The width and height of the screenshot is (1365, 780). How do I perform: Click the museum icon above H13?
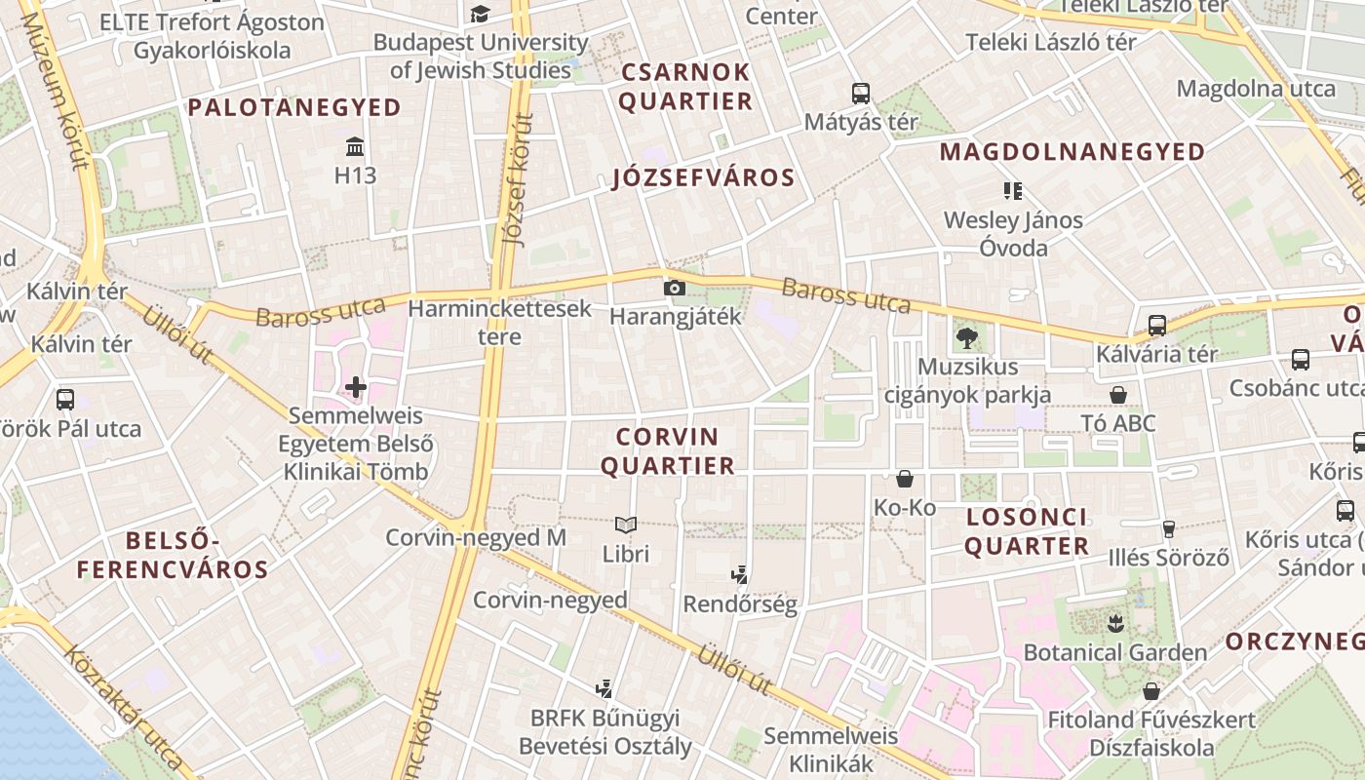click(x=356, y=148)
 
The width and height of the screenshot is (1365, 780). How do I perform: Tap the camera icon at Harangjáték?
click(x=674, y=288)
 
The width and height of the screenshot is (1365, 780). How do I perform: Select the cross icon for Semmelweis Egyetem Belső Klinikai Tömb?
click(x=356, y=387)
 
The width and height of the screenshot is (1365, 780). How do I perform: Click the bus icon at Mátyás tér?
click(x=860, y=94)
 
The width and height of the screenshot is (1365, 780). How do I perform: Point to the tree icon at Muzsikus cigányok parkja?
click(x=967, y=338)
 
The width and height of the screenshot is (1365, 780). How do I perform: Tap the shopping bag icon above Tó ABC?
click(x=1118, y=395)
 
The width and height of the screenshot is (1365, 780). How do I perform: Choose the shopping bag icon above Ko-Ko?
click(x=905, y=479)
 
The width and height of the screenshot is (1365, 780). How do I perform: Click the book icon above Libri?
click(x=626, y=526)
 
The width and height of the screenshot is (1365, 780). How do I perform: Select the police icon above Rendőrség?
click(x=740, y=575)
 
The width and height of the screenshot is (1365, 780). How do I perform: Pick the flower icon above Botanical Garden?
click(x=1115, y=623)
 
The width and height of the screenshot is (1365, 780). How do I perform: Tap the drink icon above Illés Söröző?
click(x=1168, y=529)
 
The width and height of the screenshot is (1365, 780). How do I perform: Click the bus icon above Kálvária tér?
click(x=1157, y=326)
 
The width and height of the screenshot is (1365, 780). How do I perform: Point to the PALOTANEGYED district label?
click(x=294, y=107)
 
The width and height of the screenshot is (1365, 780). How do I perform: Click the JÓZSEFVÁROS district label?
click(x=703, y=177)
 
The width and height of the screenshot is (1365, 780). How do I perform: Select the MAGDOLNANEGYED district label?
click(x=1072, y=151)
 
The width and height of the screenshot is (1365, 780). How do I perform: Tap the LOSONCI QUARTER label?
click(x=1027, y=531)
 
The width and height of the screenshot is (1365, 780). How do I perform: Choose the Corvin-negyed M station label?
click(x=476, y=537)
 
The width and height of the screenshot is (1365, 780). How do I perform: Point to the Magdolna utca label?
click(x=1256, y=89)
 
